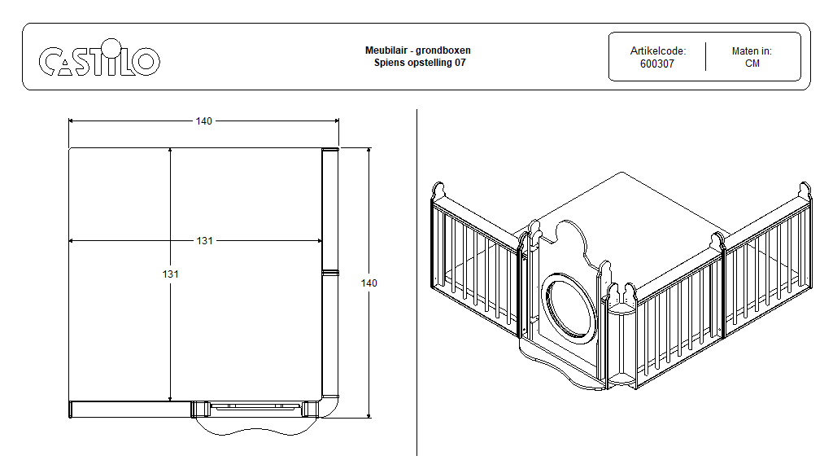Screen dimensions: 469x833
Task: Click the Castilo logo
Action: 99,60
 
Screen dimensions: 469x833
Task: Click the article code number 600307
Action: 657,64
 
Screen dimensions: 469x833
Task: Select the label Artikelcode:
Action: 657,50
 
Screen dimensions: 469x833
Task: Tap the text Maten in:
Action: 752,50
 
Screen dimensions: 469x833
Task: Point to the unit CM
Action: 752,64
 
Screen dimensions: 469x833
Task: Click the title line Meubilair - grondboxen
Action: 417,50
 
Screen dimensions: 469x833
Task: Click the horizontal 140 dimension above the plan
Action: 203,121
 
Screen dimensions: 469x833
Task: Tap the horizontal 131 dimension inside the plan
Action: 204,241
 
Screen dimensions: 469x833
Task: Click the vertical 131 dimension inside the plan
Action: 170,274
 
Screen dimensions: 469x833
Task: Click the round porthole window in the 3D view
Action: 569,305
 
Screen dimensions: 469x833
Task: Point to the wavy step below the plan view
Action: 251,426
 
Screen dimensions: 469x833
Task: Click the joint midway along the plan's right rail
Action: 330,273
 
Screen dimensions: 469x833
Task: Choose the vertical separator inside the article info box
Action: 705,57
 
